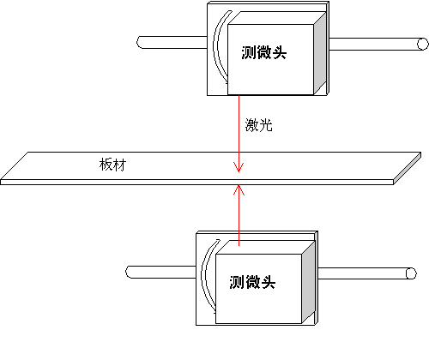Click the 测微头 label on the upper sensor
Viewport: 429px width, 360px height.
(263, 52)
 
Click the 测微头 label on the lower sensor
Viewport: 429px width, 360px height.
(252, 282)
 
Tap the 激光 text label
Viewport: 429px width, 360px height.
(258, 125)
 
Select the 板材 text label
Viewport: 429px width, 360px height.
(112, 165)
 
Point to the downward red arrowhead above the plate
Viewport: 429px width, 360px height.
(239, 167)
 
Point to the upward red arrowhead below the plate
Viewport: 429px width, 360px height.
(239, 189)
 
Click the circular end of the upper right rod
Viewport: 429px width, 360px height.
(423, 45)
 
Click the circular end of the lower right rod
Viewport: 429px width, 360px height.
(411, 273)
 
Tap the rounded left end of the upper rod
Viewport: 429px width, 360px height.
(140, 42)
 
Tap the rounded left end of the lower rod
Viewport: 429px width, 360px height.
(129, 272)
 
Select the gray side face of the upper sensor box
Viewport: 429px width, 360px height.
(320, 53)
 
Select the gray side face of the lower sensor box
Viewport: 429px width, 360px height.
(308, 282)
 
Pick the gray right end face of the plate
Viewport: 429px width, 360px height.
(408, 169)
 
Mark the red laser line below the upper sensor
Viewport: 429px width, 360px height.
(239, 134)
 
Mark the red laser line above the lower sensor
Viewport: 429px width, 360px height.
(239, 215)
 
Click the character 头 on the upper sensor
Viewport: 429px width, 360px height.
(279, 52)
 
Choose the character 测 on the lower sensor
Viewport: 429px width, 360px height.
(236, 282)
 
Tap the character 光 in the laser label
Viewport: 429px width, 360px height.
(266, 125)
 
